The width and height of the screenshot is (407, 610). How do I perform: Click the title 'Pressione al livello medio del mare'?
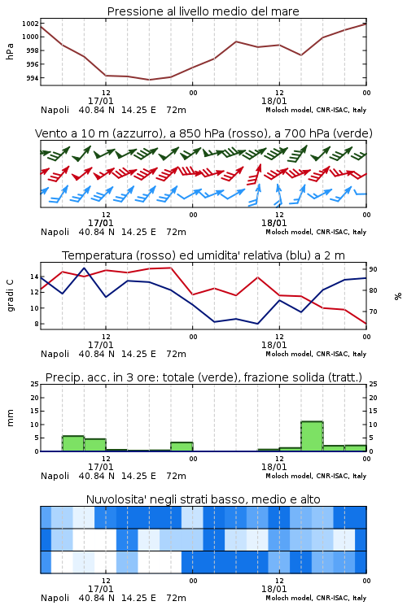(x=203, y=11)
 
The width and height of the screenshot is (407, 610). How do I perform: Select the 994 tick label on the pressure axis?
(x=33, y=78)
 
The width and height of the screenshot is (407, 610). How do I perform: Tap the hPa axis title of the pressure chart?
(x=10, y=51)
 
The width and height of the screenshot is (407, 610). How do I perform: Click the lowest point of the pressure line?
(x=149, y=80)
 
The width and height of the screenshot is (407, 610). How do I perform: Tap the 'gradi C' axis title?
(x=10, y=296)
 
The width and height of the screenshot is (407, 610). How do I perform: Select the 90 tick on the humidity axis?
(x=373, y=269)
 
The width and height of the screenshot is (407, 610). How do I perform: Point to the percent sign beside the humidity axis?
(x=398, y=296)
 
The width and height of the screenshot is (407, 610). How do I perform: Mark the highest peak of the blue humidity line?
(x=85, y=268)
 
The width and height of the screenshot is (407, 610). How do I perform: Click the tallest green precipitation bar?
(x=312, y=436)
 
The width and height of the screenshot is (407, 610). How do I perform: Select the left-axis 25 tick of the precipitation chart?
(x=35, y=384)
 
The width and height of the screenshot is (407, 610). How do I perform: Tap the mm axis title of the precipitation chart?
(x=10, y=417)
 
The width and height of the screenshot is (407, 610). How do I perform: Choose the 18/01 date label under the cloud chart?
(x=274, y=589)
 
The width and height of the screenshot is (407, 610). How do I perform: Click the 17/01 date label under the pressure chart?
(x=100, y=101)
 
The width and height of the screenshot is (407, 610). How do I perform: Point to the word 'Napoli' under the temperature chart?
(x=55, y=354)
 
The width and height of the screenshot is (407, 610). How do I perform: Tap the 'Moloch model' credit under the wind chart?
(x=288, y=232)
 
